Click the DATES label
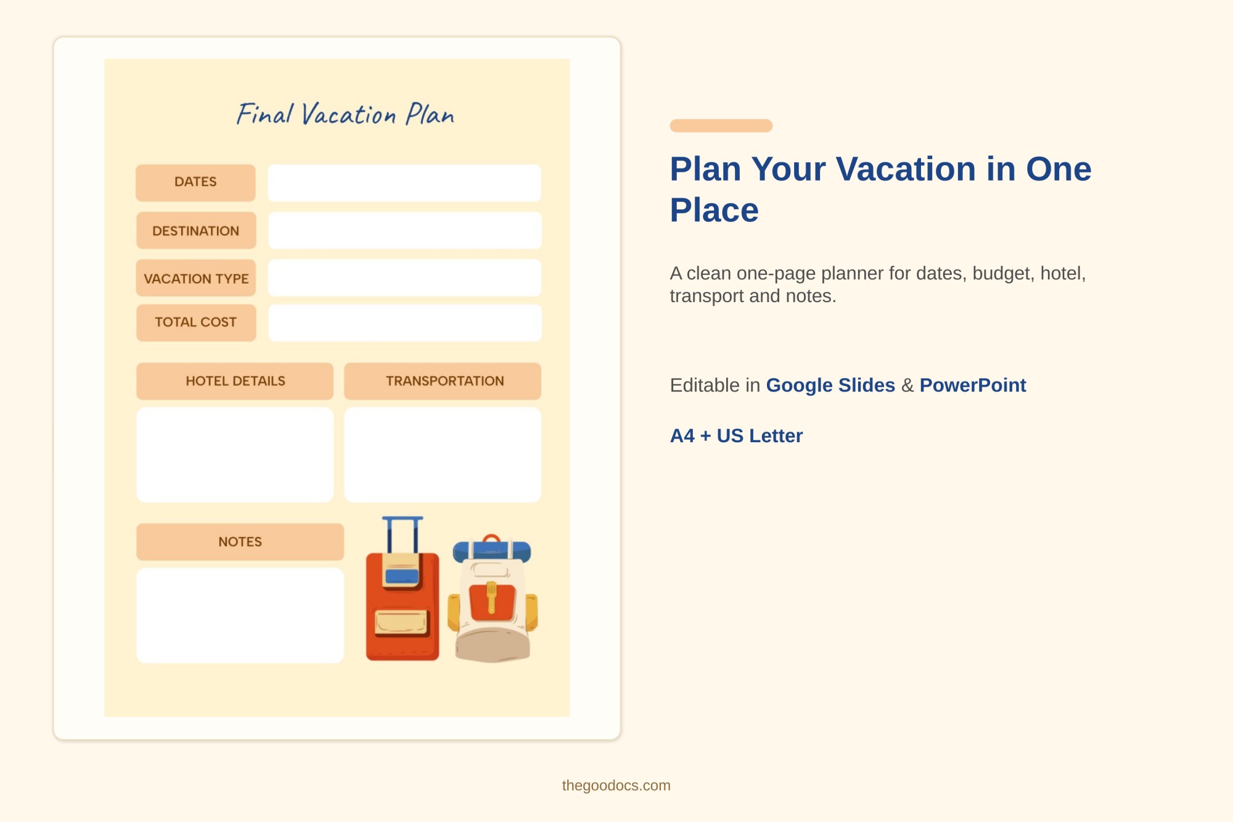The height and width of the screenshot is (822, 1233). (x=195, y=182)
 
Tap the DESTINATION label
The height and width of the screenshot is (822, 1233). (x=195, y=231)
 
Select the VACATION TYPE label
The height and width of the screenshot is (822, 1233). (x=195, y=279)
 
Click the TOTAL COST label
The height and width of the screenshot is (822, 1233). (x=195, y=322)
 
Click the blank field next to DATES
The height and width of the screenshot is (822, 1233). (x=404, y=183)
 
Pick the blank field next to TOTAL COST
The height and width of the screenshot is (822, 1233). (x=404, y=323)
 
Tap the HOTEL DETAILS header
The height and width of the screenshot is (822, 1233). (x=235, y=381)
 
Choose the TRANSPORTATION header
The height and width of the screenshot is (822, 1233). (x=443, y=381)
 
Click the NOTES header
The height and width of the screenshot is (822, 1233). (x=240, y=541)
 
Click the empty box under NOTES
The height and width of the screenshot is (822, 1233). (x=240, y=615)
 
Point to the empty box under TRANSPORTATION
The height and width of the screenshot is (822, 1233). (x=443, y=454)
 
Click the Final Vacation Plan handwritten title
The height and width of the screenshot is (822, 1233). (x=345, y=115)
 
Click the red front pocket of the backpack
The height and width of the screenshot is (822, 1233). (x=492, y=601)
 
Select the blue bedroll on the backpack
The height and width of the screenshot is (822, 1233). (x=491, y=550)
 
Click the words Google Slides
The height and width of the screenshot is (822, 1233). (x=830, y=385)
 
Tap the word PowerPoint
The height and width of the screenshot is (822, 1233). (x=972, y=385)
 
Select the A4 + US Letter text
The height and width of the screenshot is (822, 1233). (x=736, y=436)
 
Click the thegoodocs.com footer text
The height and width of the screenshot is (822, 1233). (x=616, y=786)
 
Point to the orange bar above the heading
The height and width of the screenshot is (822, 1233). (x=721, y=126)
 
